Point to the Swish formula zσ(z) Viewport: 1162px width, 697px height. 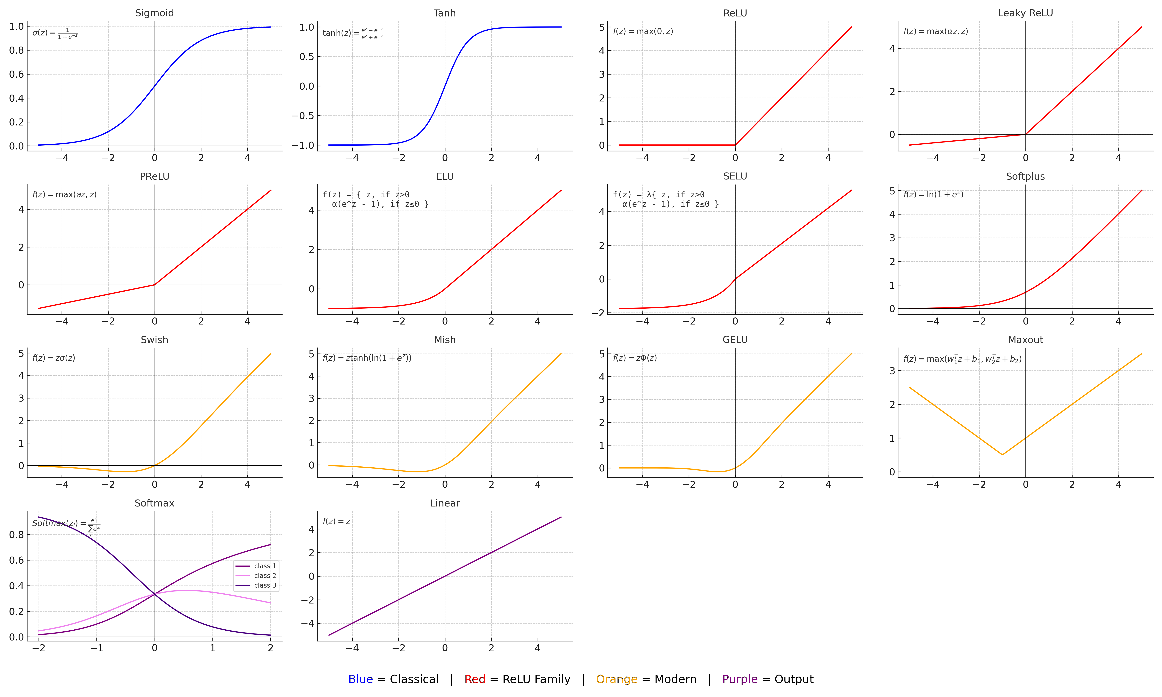(x=53, y=358)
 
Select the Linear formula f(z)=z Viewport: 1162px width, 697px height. (x=336, y=521)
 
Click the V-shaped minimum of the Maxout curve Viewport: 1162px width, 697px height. (x=1002, y=455)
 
